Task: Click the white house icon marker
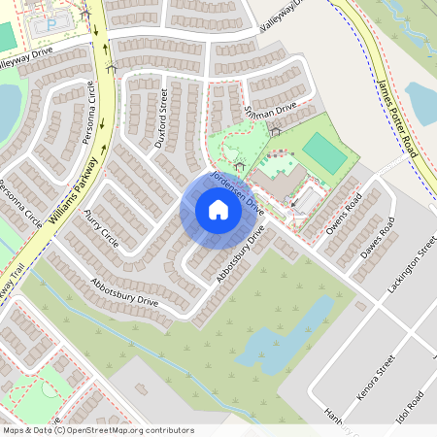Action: point(218,210)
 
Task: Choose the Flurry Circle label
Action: point(101,226)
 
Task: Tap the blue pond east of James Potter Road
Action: point(421,102)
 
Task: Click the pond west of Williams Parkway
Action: point(7,107)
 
